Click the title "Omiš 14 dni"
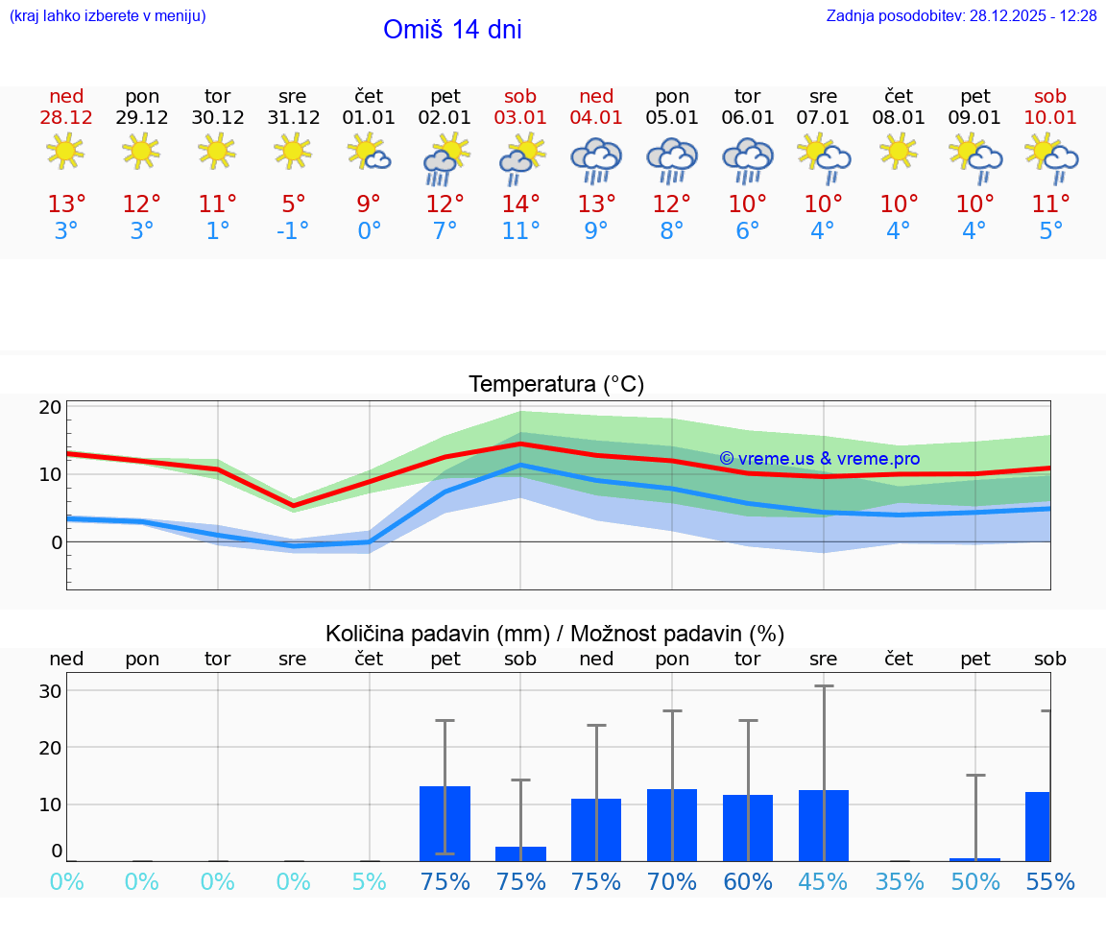pos(452,30)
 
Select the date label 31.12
pos(293,118)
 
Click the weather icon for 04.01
pos(596,159)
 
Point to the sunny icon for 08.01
pos(899,152)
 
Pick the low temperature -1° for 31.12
pos(293,231)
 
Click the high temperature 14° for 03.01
pos(520,204)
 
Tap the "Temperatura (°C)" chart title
pos(556,385)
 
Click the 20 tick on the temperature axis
pos(51,407)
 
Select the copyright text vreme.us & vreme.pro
pos(819,459)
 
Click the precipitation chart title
pos(555,634)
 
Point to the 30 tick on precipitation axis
pos(51,691)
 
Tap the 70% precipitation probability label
pos(672,882)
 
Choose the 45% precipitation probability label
pos(824,882)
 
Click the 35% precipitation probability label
pos(899,882)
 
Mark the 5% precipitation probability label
pos(369,882)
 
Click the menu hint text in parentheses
pos(107,15)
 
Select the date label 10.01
pos(1050,118)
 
